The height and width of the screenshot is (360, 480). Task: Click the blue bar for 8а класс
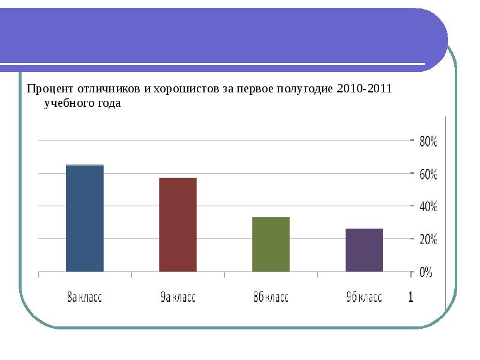(x=85, y=218)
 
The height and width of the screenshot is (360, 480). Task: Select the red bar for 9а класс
(x=178, y=224)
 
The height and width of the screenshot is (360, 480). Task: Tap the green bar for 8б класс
(x=271, y=244)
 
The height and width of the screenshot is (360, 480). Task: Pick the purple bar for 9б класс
(x=364, y=250)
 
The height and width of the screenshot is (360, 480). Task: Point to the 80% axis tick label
(x=429, y=142)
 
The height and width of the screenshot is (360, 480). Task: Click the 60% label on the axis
(x=429, y=175)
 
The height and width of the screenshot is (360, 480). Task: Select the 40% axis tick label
(x=429, y=207)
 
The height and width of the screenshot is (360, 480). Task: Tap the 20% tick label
(x=429, y=239)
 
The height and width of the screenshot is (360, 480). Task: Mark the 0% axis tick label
(x=425, y=272)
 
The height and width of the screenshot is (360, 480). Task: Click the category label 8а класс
(x=84, y=298)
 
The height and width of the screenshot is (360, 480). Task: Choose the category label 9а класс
(x=178, y=298)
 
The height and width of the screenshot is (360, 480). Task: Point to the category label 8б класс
(x=271, y=298)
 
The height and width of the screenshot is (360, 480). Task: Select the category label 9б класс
(x=364, y=298)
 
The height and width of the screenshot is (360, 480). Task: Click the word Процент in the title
(x=49, y=89)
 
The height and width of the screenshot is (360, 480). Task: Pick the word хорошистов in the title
(x=180, y=89)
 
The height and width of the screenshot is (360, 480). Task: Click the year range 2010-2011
(x=364, y=89)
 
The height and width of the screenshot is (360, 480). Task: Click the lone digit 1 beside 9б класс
(x=411, y=297)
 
